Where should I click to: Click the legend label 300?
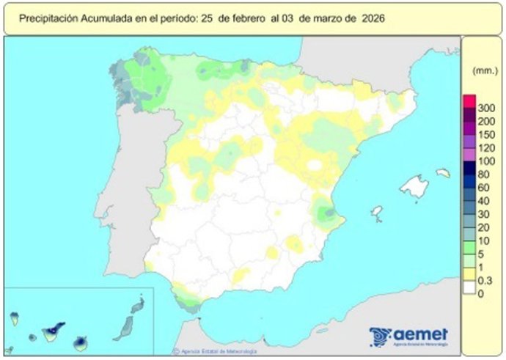486,108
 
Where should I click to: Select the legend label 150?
486,134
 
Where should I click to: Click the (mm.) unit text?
483,71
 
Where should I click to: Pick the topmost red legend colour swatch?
469,101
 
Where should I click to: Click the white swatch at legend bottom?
469,293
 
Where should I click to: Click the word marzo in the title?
327,19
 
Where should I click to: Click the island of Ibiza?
377,214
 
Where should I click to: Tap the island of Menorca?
442,172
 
